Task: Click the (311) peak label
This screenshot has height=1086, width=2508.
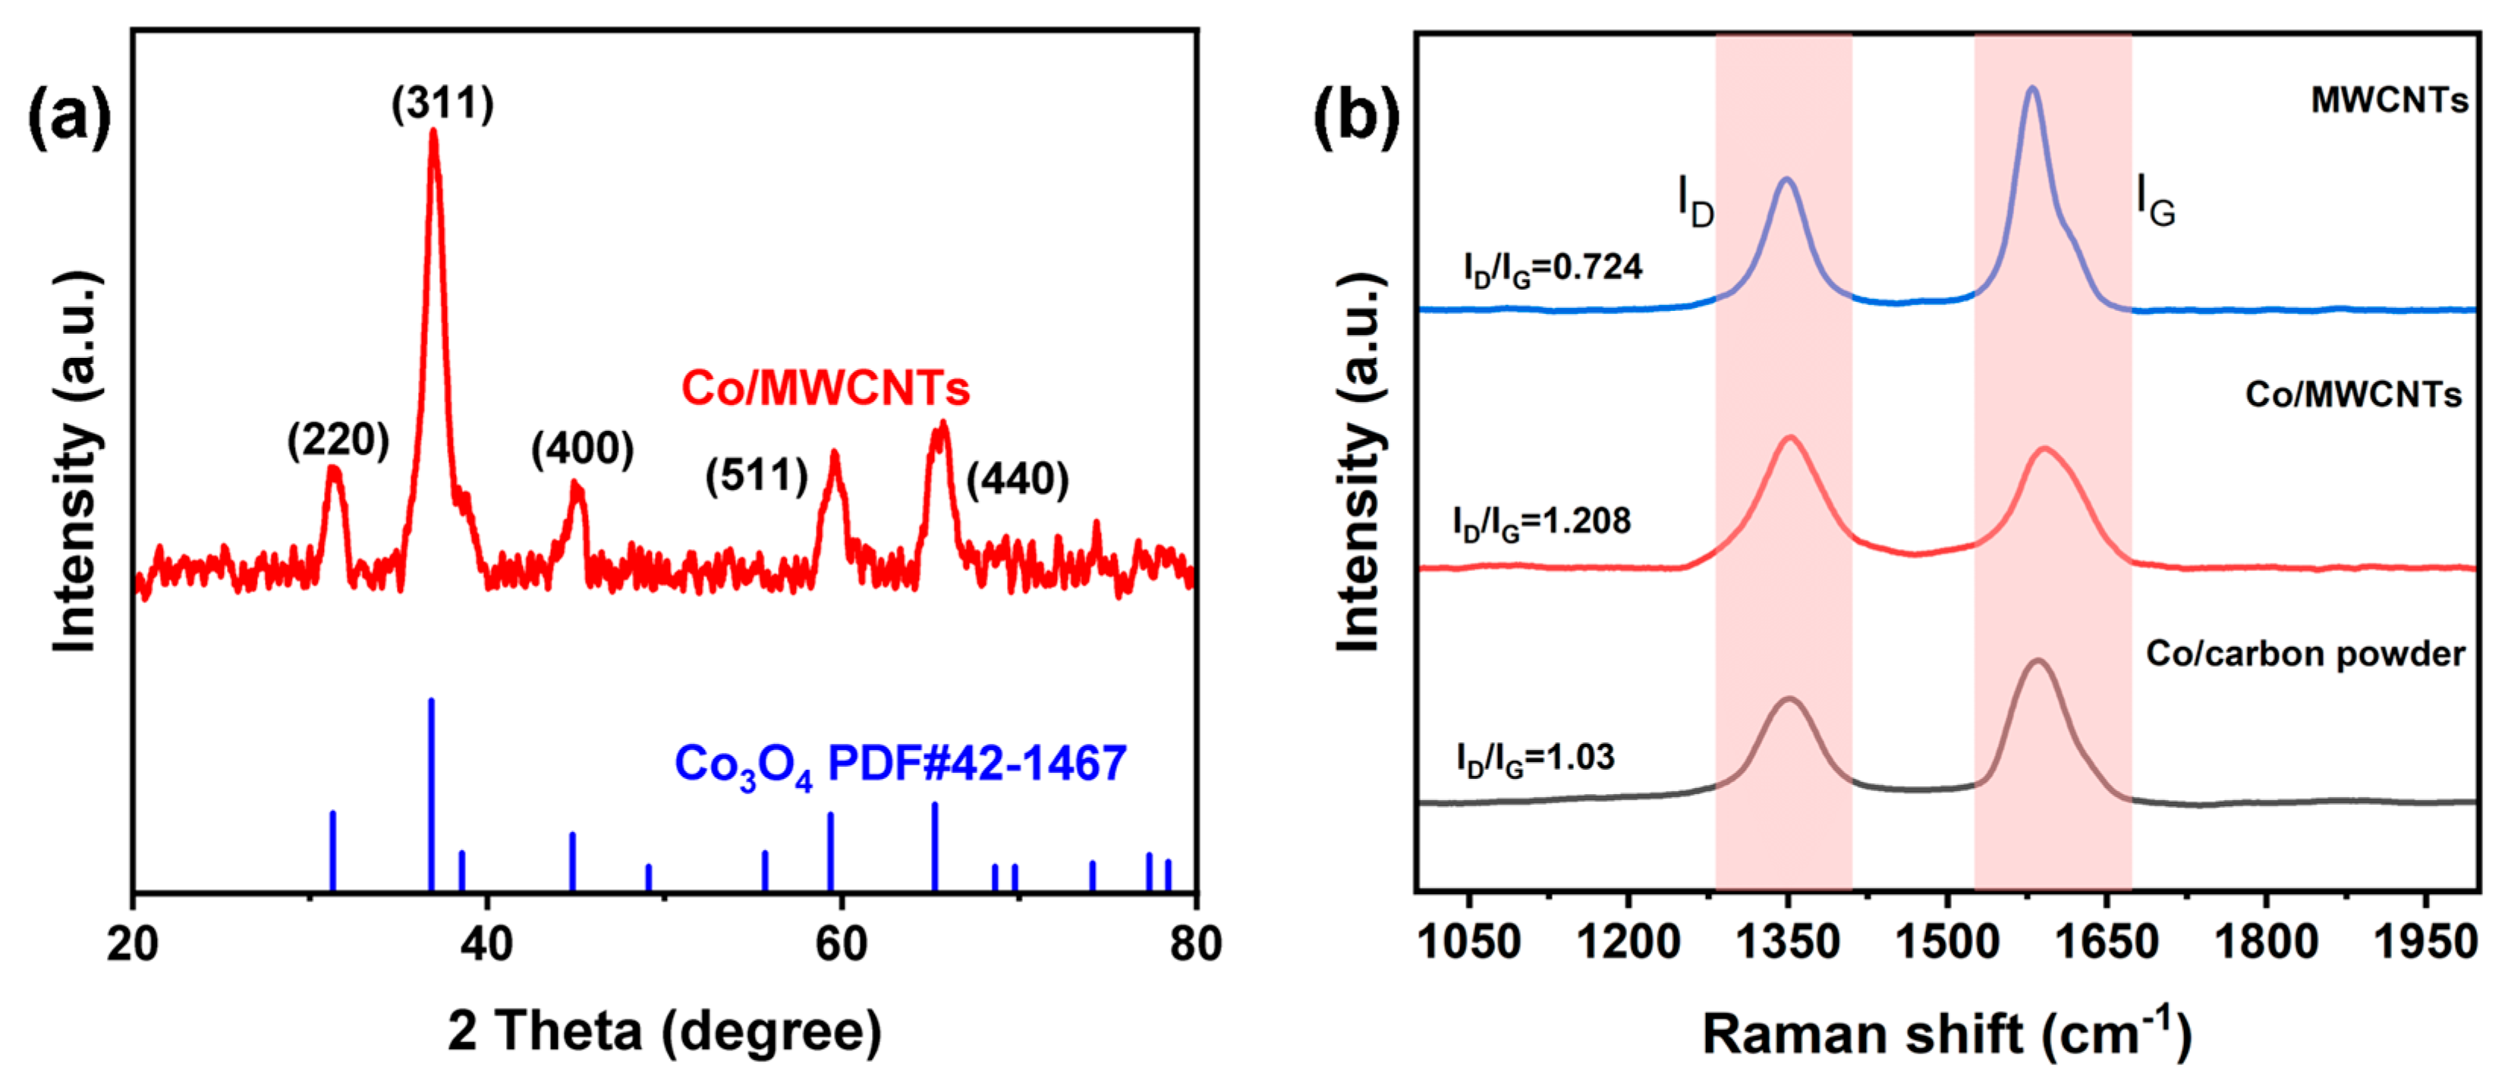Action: click(443, 103)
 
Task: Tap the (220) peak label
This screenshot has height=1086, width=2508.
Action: click(338, 441)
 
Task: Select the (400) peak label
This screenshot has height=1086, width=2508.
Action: click(582, 449)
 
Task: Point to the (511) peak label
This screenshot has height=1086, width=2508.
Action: click(757, 476)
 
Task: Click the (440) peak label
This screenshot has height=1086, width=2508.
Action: click(1018, 479)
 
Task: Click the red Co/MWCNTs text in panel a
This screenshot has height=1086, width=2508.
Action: click(825, 388)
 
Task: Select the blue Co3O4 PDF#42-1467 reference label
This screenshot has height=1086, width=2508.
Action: click(901, 764)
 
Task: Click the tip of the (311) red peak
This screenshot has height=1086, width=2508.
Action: click(433, 133)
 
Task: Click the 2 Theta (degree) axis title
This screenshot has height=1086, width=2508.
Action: click(665, 1031)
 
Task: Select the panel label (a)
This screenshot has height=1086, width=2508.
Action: click(68, 117)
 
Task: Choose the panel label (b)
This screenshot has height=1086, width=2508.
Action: click(1356, 117)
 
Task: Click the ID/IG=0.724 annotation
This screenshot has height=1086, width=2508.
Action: click(1552, 268)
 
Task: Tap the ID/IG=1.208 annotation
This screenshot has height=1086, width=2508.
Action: click(1541, 523)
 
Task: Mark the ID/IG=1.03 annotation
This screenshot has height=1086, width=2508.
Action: click(1535, 759)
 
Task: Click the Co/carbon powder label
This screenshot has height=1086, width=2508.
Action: click(2305, 653)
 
